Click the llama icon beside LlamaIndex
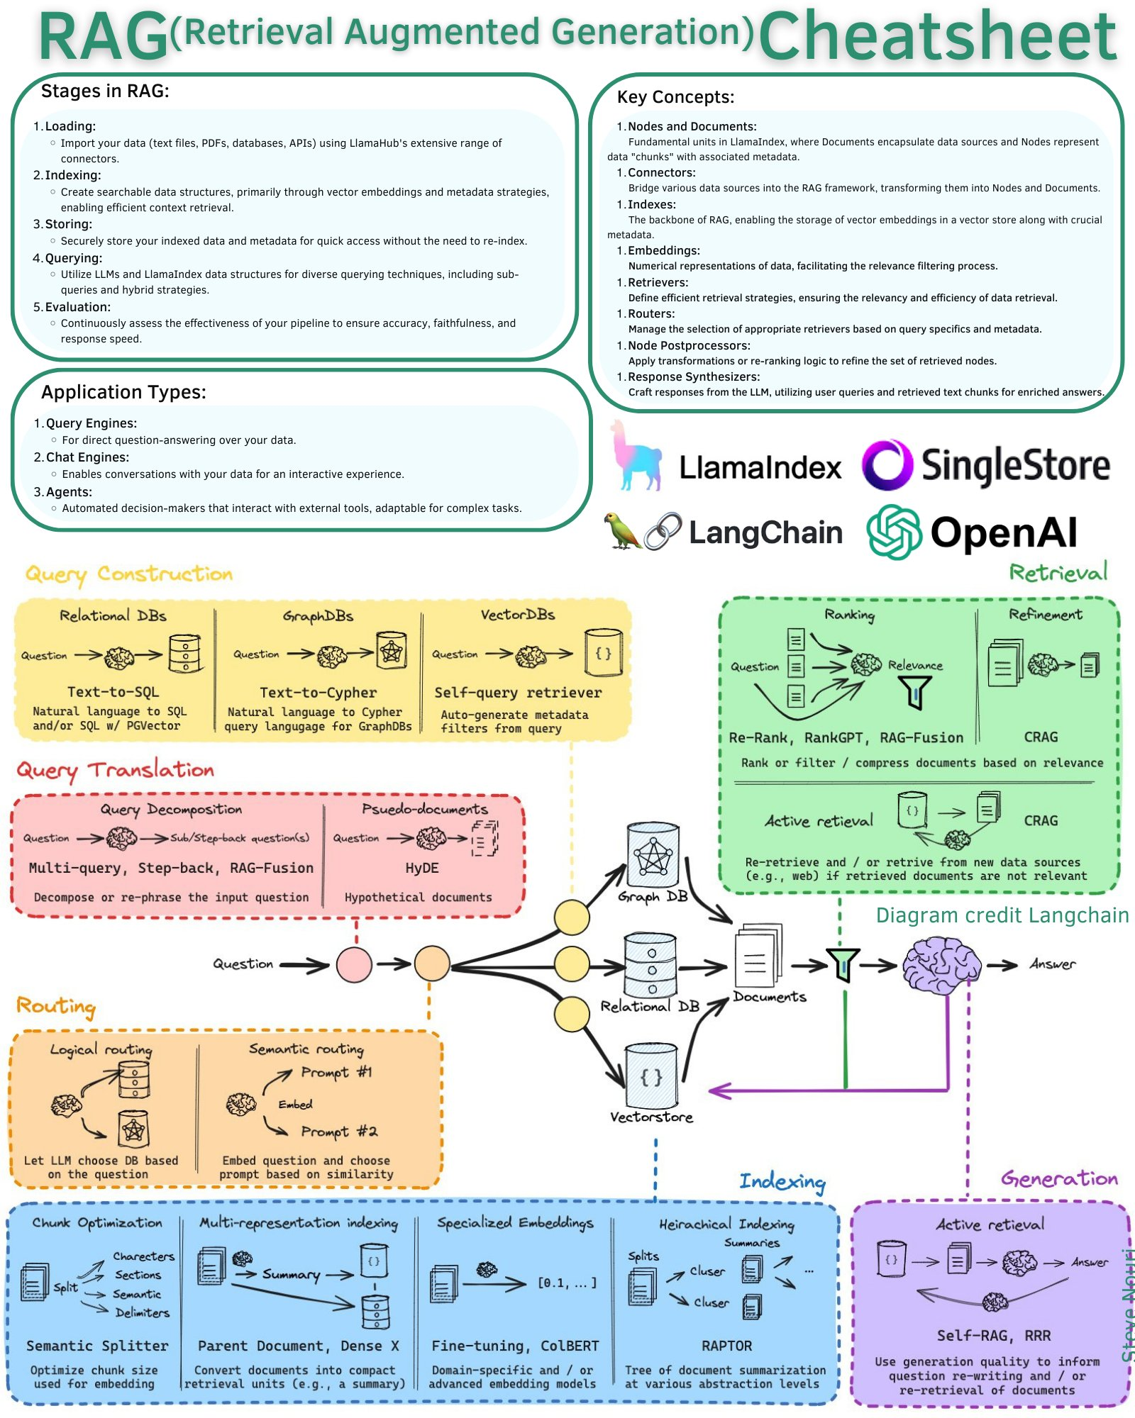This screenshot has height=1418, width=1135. tap(636, 456)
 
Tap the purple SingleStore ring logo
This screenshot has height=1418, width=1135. tap(887, 465)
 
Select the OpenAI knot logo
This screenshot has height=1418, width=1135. tap(894, 532)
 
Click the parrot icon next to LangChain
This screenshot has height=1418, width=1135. tap(622, 530)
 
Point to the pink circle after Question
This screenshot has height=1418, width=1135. tap(354, 964)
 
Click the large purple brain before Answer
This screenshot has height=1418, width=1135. tap(941, 964)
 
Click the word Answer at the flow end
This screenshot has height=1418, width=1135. tap(1053, 964)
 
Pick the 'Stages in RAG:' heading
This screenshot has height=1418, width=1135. tap(105, 91)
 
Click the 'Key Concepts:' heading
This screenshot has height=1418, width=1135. tap(675, 97)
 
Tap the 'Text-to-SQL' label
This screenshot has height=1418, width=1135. tap(113, 692)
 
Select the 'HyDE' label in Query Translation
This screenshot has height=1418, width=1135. tap(422, 868)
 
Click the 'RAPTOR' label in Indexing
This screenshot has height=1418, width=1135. tap(726, 1346)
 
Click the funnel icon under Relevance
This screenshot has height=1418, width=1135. tap(915, 692)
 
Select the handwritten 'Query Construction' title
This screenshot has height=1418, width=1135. tap(129, 574)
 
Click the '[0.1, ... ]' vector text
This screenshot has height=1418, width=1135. tap(567, 1283)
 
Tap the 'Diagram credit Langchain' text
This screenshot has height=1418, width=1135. tap(1002, 915)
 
